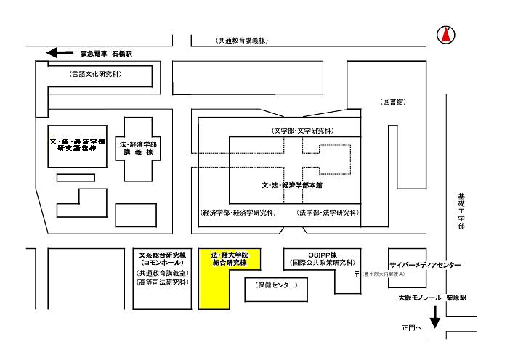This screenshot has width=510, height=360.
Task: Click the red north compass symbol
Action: (x=446, y=34)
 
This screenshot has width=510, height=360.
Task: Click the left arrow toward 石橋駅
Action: (x=60, y=53)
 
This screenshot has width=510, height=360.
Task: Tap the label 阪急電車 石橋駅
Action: (x=107, y=54)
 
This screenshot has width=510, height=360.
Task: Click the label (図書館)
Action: (x=393, y=102)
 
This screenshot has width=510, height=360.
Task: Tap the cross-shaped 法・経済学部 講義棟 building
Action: (x=137, y=149)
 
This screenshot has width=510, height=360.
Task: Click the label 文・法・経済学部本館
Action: (x=292, y=185)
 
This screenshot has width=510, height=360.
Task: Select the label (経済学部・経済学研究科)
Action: (x=238, y=213)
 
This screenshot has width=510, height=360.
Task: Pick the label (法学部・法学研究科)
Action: (x=327, y=213)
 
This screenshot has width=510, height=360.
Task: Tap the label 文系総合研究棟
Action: (x=163, y=254)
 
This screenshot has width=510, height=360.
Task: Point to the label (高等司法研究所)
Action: (x=163, y=281)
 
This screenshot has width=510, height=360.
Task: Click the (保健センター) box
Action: (x=277, y=287)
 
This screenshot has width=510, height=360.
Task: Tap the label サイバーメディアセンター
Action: (x=424, y=266)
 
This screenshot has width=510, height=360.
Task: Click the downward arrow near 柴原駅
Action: (x=435, y=316)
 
